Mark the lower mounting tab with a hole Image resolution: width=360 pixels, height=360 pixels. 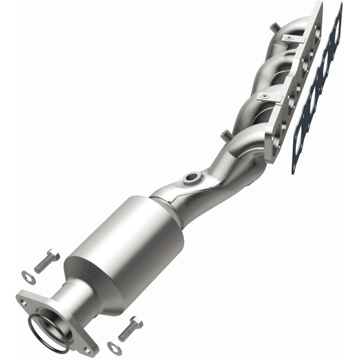pos(266,94)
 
